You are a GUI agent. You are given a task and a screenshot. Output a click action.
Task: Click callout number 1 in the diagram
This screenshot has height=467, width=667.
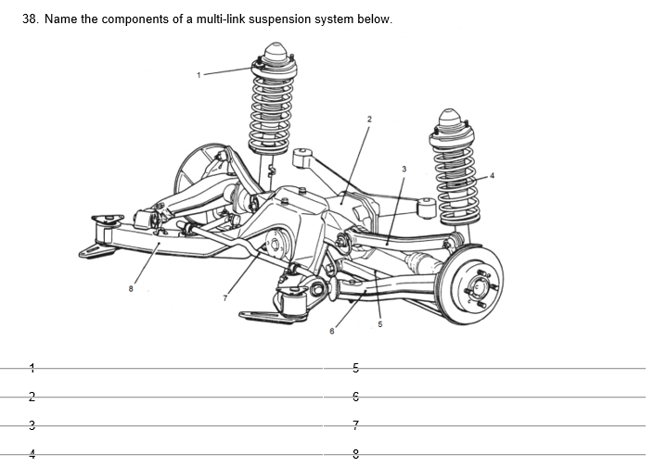click(x=198, y=73)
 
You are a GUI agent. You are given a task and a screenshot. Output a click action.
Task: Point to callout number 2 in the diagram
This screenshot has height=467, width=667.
click(x=368, y=119)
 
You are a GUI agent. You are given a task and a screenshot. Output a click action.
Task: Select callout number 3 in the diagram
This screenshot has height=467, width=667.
click(x=404, y=169)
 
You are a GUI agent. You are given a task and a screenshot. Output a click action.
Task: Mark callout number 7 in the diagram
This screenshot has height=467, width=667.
click(x=223, y=297)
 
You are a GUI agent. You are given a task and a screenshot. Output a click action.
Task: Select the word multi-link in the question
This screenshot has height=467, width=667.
click(x=214, y=19)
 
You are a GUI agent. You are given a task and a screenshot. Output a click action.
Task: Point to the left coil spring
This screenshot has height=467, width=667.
click(x=270, y=107)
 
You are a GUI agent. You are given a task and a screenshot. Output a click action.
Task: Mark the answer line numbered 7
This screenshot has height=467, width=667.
click(x=501, y=427)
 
